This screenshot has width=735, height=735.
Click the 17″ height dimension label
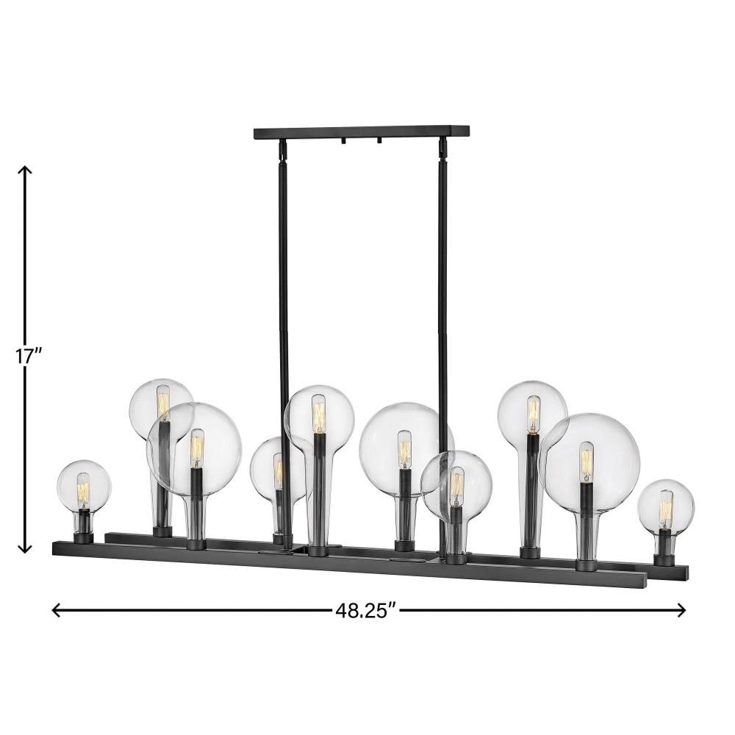(x=29, y=356)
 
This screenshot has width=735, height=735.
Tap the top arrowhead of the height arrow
(x=24, y=170)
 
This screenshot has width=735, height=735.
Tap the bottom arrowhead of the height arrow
(x=24, y=548)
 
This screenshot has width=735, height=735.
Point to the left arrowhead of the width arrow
(x=57, y=610)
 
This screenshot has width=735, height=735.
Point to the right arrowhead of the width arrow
(x=681, y=610)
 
